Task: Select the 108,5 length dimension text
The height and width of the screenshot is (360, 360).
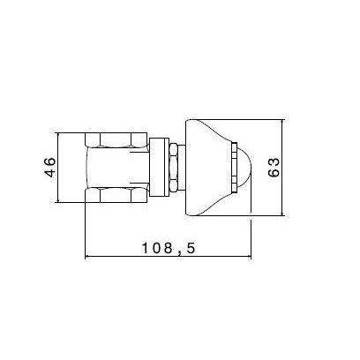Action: [167, 248]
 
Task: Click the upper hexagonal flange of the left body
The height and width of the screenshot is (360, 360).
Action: [115, 139]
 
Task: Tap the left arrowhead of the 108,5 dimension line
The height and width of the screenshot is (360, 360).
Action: [88, 258]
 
